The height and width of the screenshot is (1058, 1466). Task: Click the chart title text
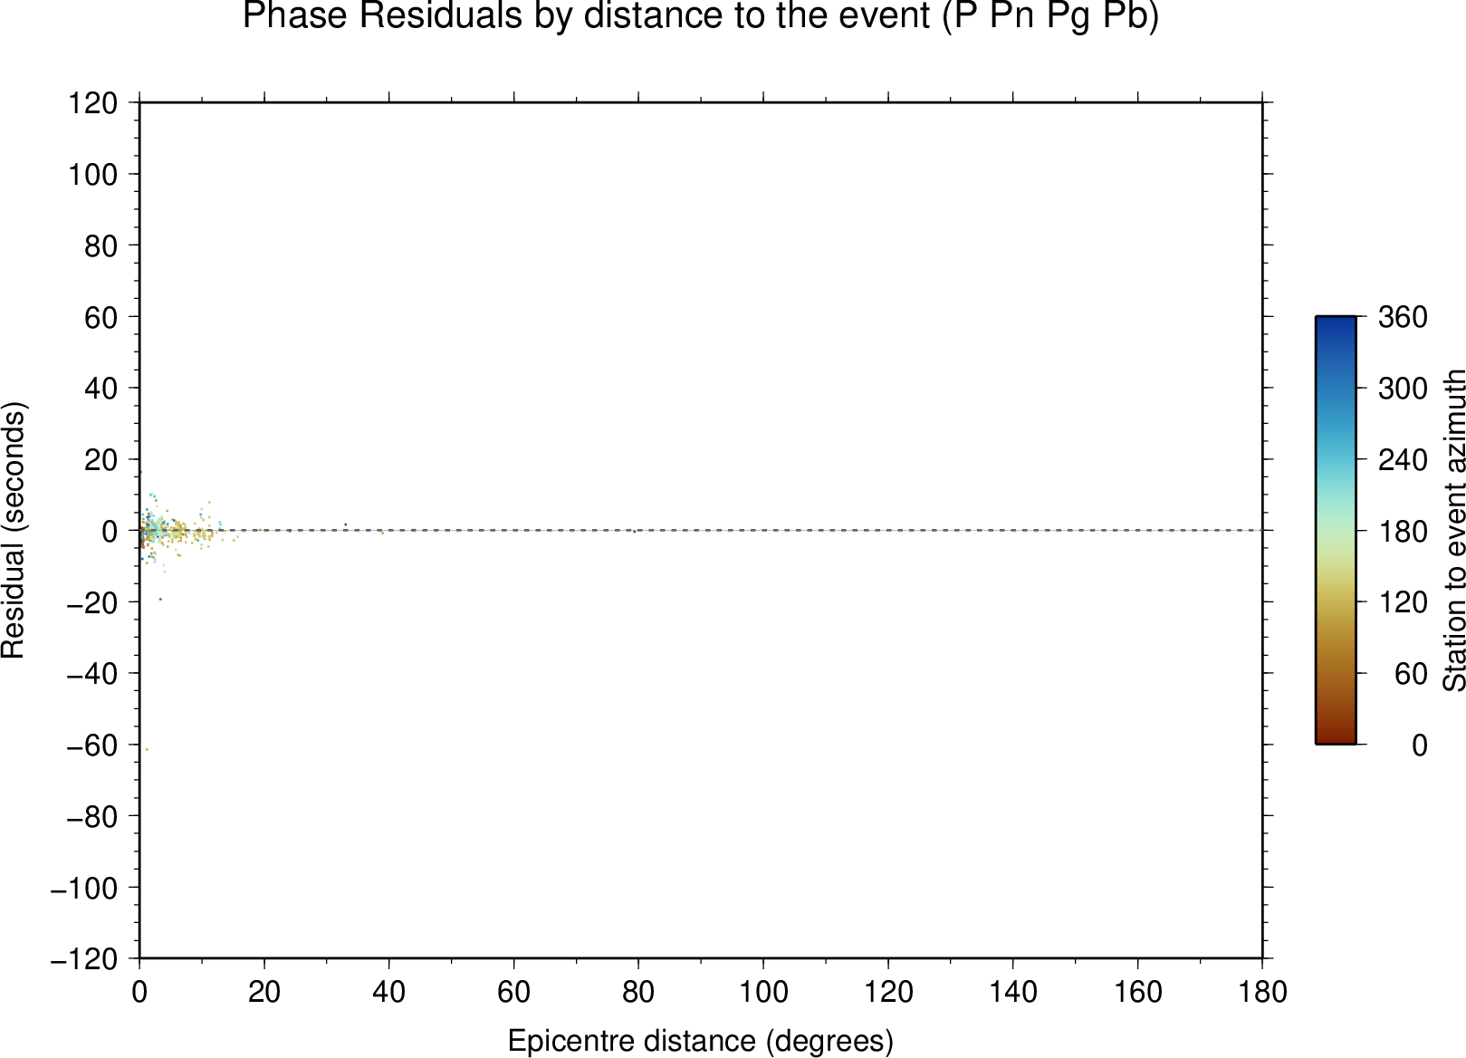point(700,15)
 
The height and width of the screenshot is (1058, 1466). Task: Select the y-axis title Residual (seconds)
point(13,530)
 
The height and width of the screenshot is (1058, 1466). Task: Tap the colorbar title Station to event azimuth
point(1453,530)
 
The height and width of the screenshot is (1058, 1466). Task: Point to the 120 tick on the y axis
point(93,102)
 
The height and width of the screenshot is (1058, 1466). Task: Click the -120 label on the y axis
point(84,959)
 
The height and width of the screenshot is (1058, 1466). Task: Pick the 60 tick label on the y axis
point(101,317)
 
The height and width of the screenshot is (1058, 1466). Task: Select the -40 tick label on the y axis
point(92,674)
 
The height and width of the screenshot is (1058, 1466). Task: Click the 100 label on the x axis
point(763,993)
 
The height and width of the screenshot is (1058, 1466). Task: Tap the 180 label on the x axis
point(1262,993)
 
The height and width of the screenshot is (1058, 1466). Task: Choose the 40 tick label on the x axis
point(388,993)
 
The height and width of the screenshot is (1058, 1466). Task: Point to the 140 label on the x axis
point(1012,993)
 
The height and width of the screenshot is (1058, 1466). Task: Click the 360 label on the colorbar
point(1403,317)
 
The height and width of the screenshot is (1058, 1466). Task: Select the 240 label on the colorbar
point(1403,459)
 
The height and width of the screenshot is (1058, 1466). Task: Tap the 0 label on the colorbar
point(1420,745)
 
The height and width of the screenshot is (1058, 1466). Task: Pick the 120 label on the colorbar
point(1403,602)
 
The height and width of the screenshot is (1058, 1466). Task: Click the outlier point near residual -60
point(147,750)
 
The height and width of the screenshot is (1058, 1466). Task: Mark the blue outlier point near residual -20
point(160,599)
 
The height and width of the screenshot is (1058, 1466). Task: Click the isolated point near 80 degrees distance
point(634,532)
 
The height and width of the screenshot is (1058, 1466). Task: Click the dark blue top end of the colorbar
point(1336,318)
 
